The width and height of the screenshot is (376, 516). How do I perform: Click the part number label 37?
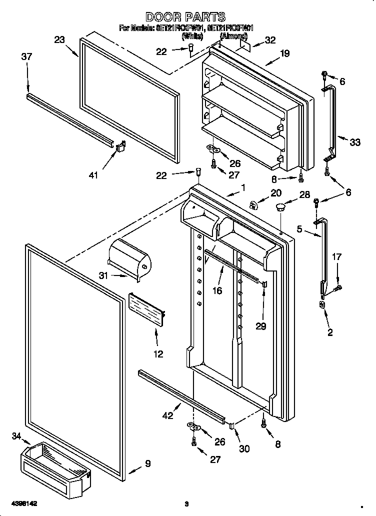point(26,57)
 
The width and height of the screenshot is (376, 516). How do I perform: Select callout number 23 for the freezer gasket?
point(60,40)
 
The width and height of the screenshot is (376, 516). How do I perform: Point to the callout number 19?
point(284,53)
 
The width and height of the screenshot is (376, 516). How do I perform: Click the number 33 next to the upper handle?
point(354,142)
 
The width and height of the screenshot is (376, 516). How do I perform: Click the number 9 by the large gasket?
point(147,463)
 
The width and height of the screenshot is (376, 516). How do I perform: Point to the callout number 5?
point(299,229)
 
